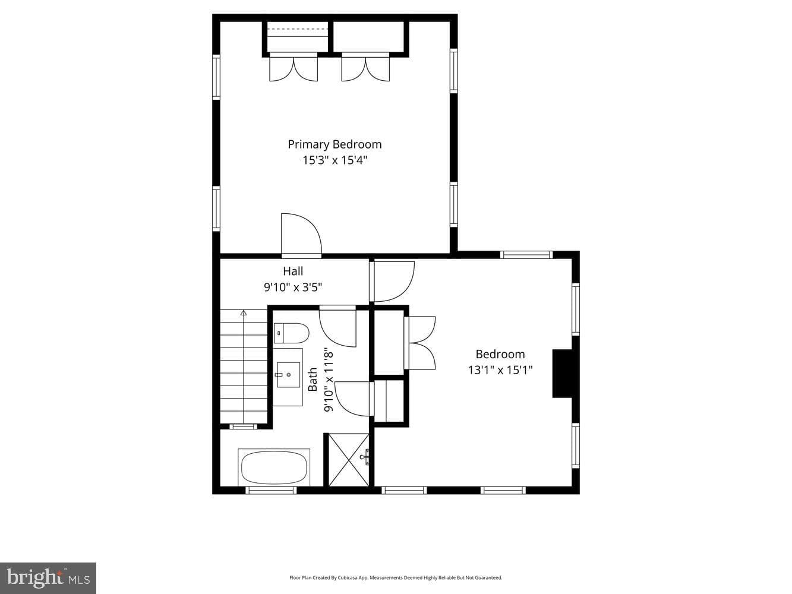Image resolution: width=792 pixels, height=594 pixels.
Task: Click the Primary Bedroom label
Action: pyautogui.click(x=335, y=144)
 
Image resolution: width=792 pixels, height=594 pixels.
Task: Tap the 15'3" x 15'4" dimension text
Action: pyautogui.click(x=335, y=160)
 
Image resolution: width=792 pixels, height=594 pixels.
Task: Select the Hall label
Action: pyautogui.click(x=293, y=271)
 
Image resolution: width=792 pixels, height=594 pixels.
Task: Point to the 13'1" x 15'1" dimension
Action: pyautogui.click(x=500, y=370)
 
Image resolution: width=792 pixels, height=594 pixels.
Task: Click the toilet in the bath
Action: pyautogui.click(x=291, y=333)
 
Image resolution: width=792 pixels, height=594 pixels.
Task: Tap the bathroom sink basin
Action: pyautogui.click(x=288, y=375)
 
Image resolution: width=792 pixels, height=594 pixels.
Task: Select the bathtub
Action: pyautogui.click(x=274, y=467)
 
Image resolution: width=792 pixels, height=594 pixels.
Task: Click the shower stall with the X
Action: pyautogui.click(x=349, y=460)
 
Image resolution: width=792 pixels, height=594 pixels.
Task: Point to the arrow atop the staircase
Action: pyautogui.click(x=244, y=312)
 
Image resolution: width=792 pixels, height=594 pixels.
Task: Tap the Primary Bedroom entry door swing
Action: pyautogui.click(x=301, y=233)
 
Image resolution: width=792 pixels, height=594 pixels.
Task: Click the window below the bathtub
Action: pyautogui.click(x=271, y=491)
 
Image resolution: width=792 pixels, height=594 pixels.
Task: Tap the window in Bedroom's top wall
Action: pyautogui.click(x=526, y=255)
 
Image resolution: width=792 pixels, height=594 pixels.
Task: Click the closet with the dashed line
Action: pyautogui.click(x=298, y=37)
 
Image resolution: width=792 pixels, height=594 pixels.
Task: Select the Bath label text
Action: pyautogui.click(x=313, y=379)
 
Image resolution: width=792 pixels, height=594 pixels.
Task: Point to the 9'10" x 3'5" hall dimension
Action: pyautogui.click(x=293, y=287)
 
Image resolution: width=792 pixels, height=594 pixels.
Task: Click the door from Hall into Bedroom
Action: pyautogui.click(x=393, y=282)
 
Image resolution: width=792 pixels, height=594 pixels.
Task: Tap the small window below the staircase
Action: pyautogui.click(x=243, y=426)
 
